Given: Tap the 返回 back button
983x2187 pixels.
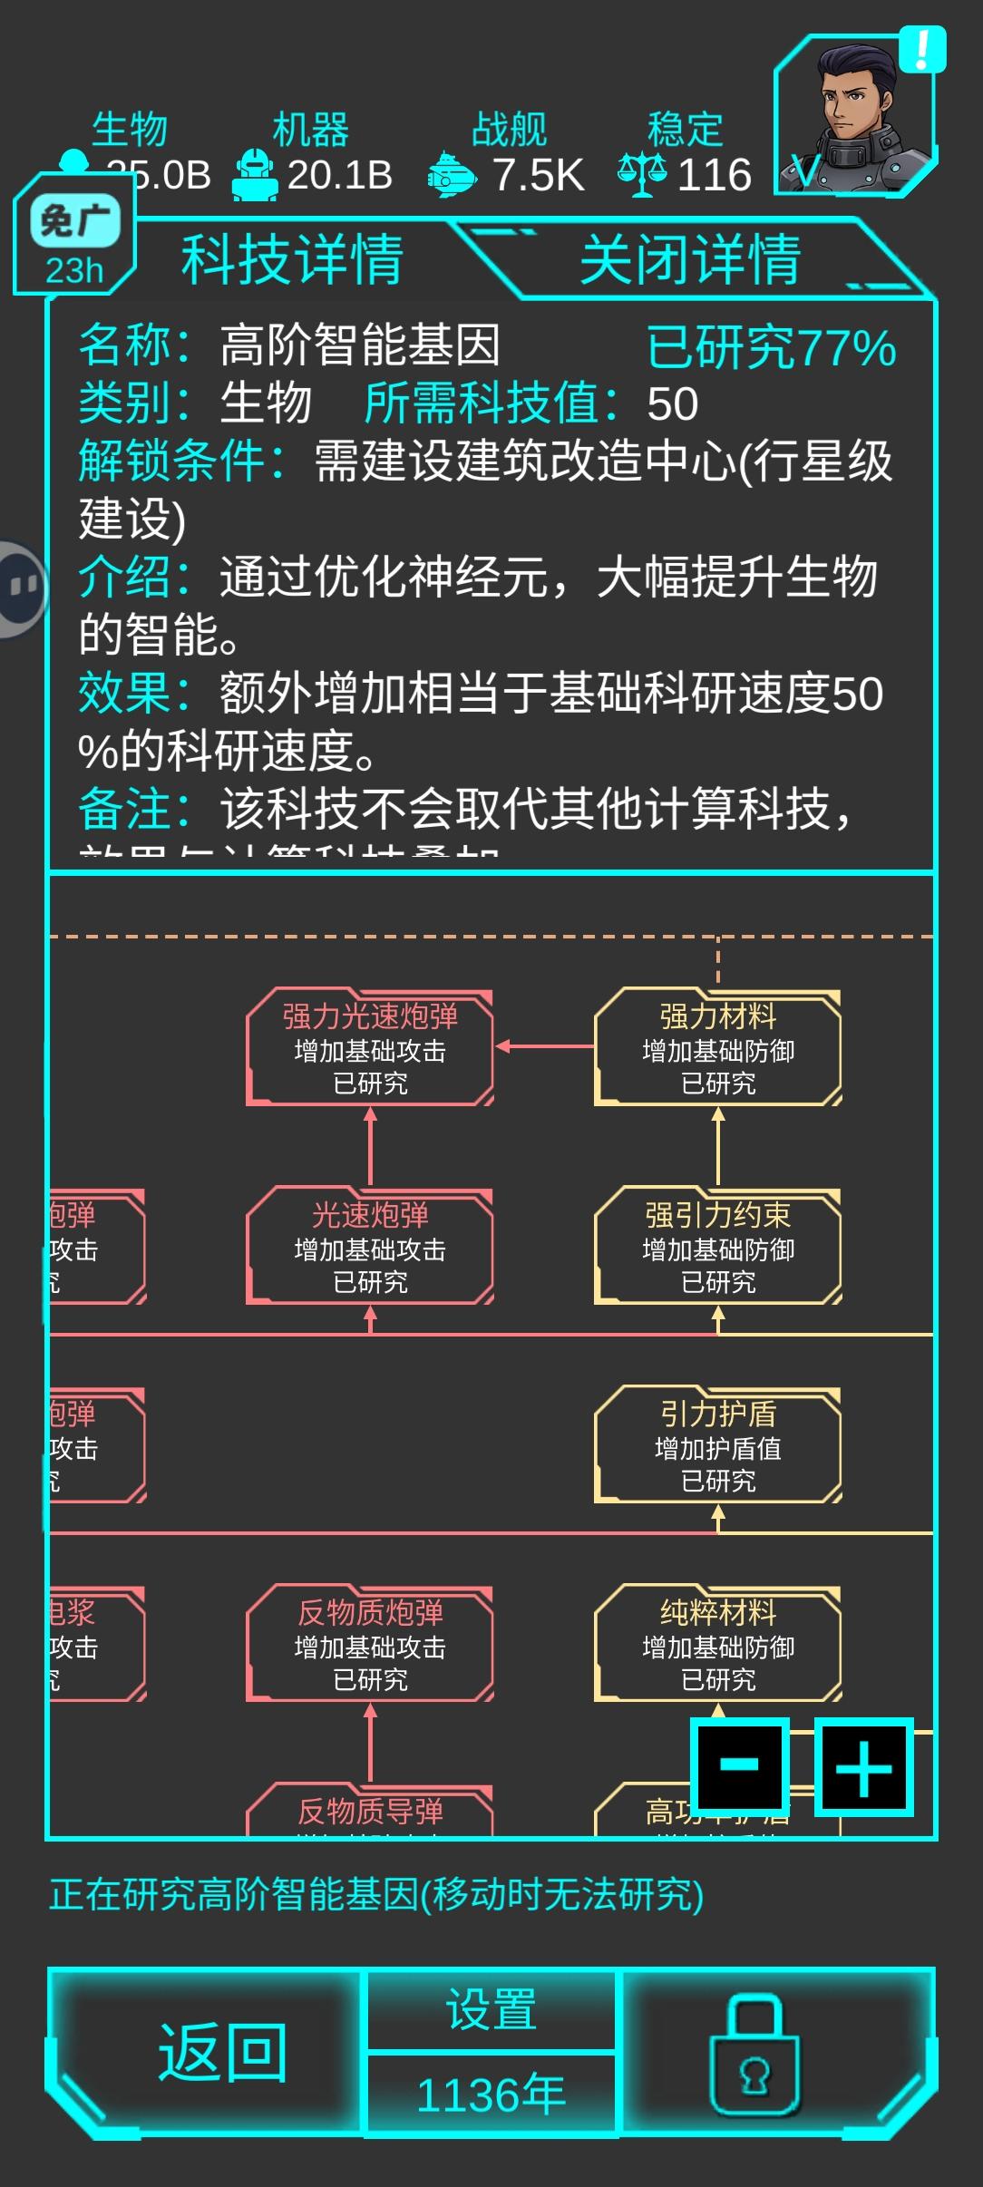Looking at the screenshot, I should pyautogui.click(x=222, y=2053).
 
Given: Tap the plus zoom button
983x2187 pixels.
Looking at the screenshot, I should pyautogui.click(x=863, y=1766).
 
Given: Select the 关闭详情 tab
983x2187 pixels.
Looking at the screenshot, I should pyautogui.click(x=689, y=259).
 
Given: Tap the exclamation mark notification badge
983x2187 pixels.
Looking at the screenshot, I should pyautogui.click(x=922, y=50).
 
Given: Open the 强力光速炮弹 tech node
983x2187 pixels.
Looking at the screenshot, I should pyautogui.click(x=370, y=1048).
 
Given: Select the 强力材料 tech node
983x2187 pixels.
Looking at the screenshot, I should pyautogui.click(x=718, y=1048).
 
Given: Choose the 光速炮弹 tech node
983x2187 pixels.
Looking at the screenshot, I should pyautogui.click(x=370, y=1247).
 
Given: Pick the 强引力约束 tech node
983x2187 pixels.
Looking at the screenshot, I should pyautogui.click(x=718, y=1247).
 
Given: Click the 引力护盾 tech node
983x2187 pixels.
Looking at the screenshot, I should pyautogui.click(x=718, y=1445).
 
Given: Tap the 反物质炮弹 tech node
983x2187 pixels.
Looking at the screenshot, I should pyautogui.click(x=370, y=1644).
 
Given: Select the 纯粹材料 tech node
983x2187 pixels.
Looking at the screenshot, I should pyautogui.click(x=718, y=1644).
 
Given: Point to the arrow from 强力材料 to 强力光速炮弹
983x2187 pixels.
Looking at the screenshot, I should pyautogui.click(x=544, y=1046).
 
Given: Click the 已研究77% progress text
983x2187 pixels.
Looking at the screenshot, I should pyautogui.click(x=771, y=348).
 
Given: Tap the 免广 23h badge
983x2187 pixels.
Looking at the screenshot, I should pyautogui.click(x=74, y=243).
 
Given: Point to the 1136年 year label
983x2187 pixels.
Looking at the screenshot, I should pyautogui.click(x=491, y=2095).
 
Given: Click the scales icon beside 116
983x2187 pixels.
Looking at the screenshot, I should pyautogui.click(x=642, y=173).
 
